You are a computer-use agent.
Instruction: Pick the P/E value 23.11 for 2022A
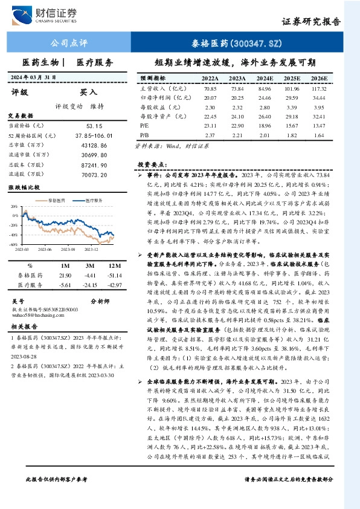[x=210, y=126]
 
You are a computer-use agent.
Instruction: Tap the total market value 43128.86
[x=94, y=145]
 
